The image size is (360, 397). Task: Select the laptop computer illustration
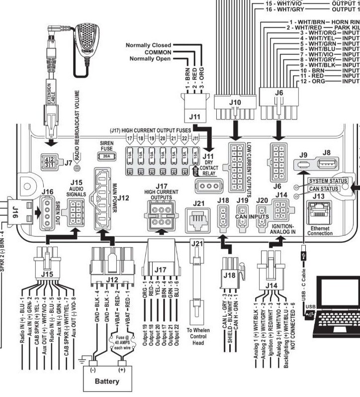[335, 306]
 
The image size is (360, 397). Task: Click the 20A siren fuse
[106, 156]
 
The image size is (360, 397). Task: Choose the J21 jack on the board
[197, 219]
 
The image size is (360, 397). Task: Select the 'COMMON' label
[158, 52]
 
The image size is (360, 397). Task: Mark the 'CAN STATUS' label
[324, 189]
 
